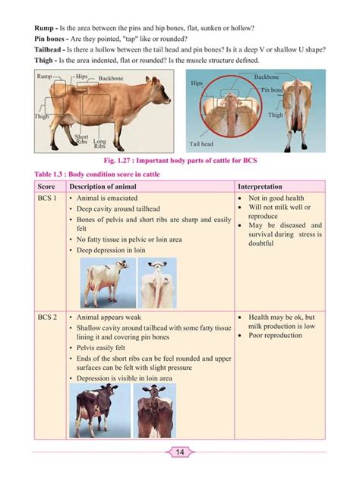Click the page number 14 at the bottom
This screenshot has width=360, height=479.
point(180,452)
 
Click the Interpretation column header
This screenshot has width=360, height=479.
point(261,186)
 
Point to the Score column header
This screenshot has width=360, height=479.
point(46,186)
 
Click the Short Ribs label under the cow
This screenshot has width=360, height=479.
point(81,139)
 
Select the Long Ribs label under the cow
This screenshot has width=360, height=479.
point(99,142)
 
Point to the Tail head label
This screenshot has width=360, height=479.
point(201,142)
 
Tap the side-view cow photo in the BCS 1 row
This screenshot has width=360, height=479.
point(106,282)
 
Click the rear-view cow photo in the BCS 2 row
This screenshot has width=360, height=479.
point(153,409)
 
